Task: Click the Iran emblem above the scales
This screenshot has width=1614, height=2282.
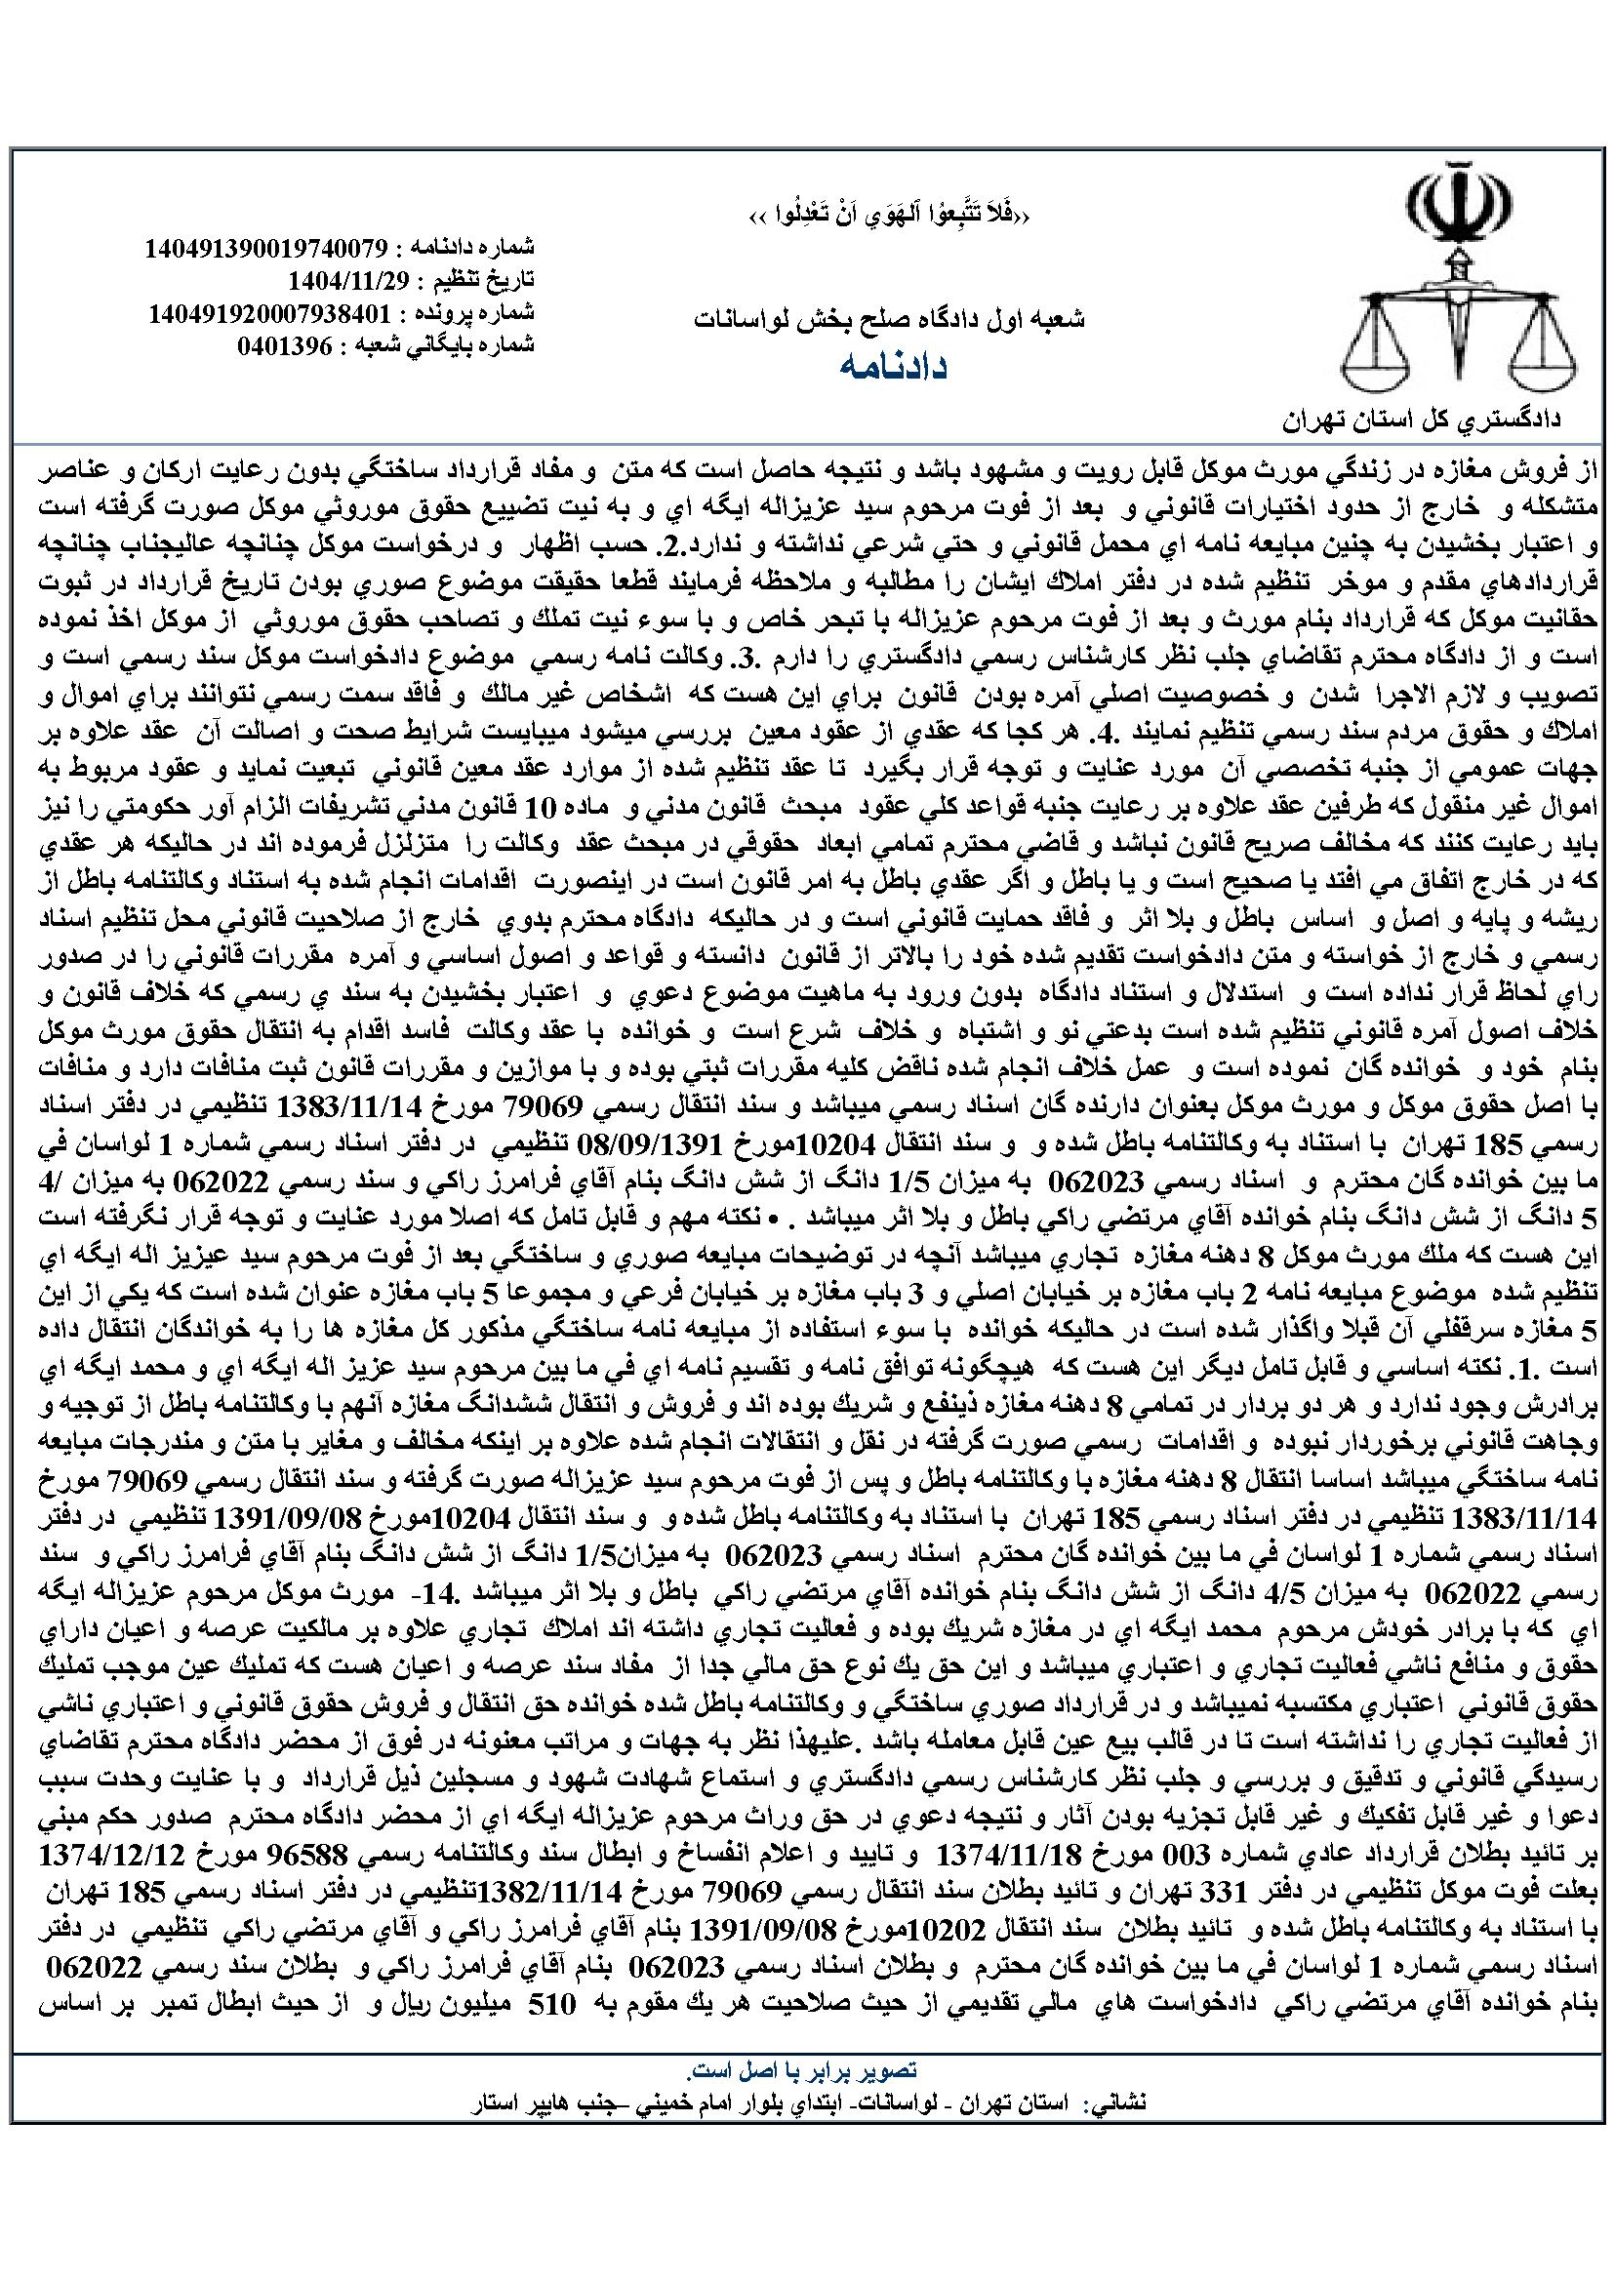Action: (x=1452, y=209)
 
